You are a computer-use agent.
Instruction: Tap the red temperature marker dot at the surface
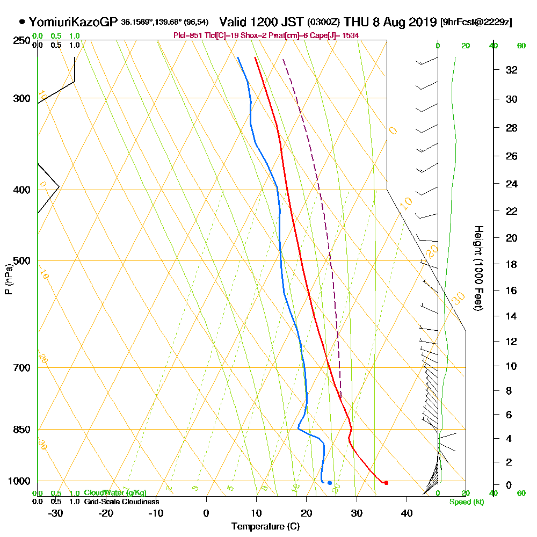coord(386,483)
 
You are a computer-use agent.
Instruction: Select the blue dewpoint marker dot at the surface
coord(330,483)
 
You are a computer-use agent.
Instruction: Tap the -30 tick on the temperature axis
coord(56,513)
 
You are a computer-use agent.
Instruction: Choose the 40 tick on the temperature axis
coord(407,513)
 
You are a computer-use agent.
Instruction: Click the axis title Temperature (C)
coord(265,527)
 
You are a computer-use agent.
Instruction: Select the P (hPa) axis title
coord(9,279)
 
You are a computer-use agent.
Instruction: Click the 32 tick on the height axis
coord(512,70)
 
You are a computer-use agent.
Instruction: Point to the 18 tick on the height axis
coord(512,264)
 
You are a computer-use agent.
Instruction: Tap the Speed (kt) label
coord(465,502)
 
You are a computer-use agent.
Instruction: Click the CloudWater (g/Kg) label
coord(115,493)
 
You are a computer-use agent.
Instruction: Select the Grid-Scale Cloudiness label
coord(121,502)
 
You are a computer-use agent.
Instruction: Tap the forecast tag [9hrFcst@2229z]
coord(476,23)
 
